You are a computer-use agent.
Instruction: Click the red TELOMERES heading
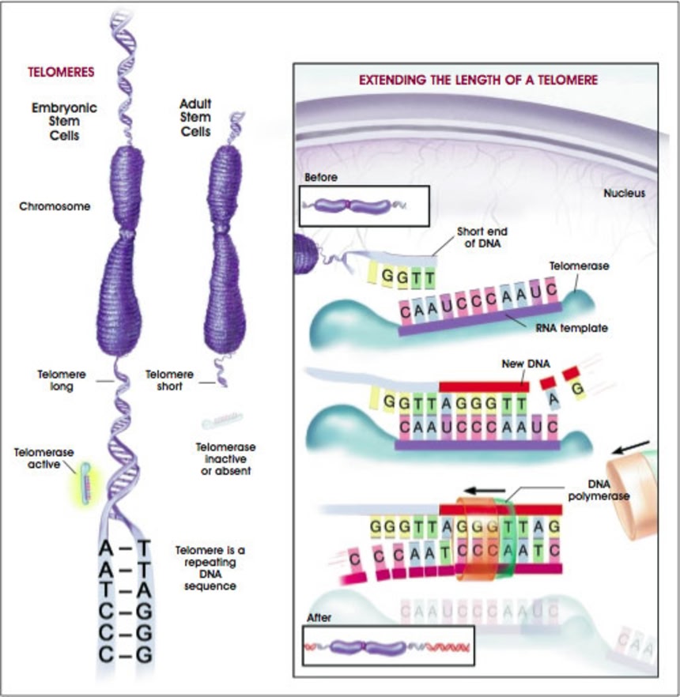pyautogui.click(x=61, y=72)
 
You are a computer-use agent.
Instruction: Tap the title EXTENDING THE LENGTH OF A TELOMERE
pyautogui.click(x=478, y=80)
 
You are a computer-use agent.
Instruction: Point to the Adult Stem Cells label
pyautogui.click(x=196, y=117)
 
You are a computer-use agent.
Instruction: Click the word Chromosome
pyautogui.click(x=55, y=207)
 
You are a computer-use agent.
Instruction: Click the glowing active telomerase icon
pyautogui.click(x=85, y=482)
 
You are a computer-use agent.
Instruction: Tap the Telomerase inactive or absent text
pyautogui.click(x=225, y=458)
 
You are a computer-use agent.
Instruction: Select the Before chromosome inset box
pyautogui.click(x=364, y=206)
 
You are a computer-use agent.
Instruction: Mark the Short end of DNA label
pyautogui.click(x=482, y=237)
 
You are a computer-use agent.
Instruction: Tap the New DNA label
pyautogui.click(x=521, y=365)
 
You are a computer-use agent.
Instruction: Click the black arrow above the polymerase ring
pyautogui.click(x=483, y=488)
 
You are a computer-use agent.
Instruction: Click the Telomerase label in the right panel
pyautogui.click(x=579, y=267)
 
